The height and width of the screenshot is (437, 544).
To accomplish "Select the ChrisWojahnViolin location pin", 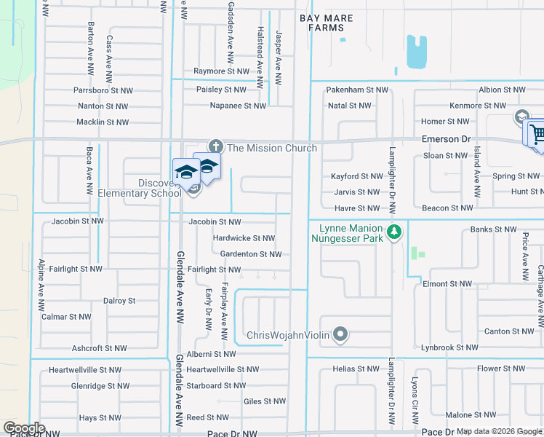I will [x=340, y=335].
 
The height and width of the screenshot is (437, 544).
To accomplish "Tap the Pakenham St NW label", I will [x=356, y=90].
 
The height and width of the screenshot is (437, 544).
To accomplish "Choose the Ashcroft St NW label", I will [x=102, y=348].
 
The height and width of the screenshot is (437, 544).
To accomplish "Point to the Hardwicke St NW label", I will [x=244, y=238].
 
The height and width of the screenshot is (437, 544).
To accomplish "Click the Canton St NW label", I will [x=508, y=331].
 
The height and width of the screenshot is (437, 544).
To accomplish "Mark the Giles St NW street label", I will [x=265, y=401].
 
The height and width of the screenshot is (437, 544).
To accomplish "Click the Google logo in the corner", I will [x=24, y=428].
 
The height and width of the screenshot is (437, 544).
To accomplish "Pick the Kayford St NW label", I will [x=356, y=176].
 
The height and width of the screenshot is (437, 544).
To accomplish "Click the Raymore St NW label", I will [x=221, y=71].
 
